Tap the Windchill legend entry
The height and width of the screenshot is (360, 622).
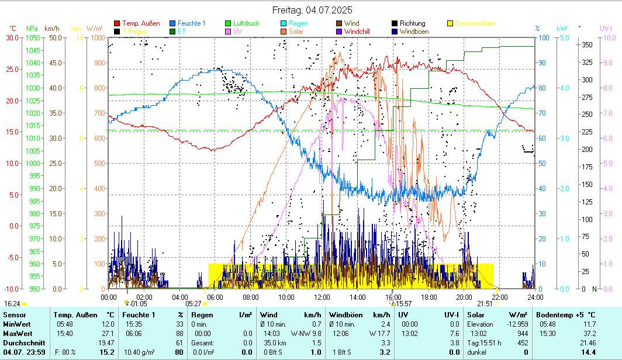click(x=357, y=32)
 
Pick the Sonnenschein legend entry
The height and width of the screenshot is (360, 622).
click(x=475, y=23)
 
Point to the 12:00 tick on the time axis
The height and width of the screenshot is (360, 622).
click(x=322, y=297)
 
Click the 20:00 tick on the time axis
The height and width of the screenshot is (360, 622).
click(x=464, y=297)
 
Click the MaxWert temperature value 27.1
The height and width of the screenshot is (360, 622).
click(x=108, y=333)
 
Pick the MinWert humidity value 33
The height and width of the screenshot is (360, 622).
click(x=179, y=324)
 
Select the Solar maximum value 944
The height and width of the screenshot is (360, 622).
click(x=521, y=333)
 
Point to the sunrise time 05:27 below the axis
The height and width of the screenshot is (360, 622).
click(x=193, y=304)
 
